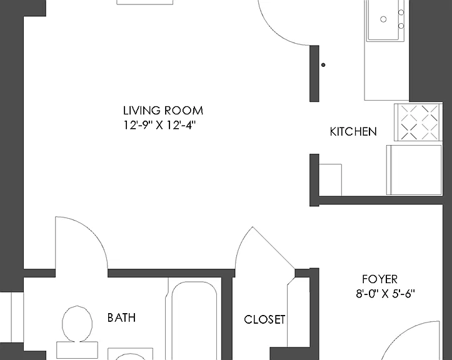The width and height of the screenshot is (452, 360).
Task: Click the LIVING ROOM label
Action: coord(163,111)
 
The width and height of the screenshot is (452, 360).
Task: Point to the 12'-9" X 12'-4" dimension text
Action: coord(159,125)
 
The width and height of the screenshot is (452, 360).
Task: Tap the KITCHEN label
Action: coord(353,132)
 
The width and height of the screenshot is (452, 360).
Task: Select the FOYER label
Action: coord(379,279)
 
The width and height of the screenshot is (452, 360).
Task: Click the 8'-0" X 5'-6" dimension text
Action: coord(385,294)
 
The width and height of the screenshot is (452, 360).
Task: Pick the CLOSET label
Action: coord(264,319)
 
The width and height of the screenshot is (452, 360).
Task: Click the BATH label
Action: coord(121,317)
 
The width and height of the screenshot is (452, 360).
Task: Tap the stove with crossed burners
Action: coord(418,122)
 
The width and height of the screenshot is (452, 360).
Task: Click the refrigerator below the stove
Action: coord(414,170)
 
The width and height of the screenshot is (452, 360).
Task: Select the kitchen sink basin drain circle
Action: coord(383,19)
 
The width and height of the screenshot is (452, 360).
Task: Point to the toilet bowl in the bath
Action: coord(78,324)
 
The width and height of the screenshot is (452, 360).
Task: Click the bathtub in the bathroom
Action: coord(194,321)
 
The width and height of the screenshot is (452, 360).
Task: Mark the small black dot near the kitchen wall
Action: coord(323,65)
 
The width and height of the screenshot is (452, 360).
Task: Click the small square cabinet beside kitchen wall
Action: coord(330,180)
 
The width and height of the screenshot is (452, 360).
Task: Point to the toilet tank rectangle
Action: coord(77,350)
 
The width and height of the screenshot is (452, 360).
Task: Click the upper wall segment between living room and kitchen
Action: coord(314,74)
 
